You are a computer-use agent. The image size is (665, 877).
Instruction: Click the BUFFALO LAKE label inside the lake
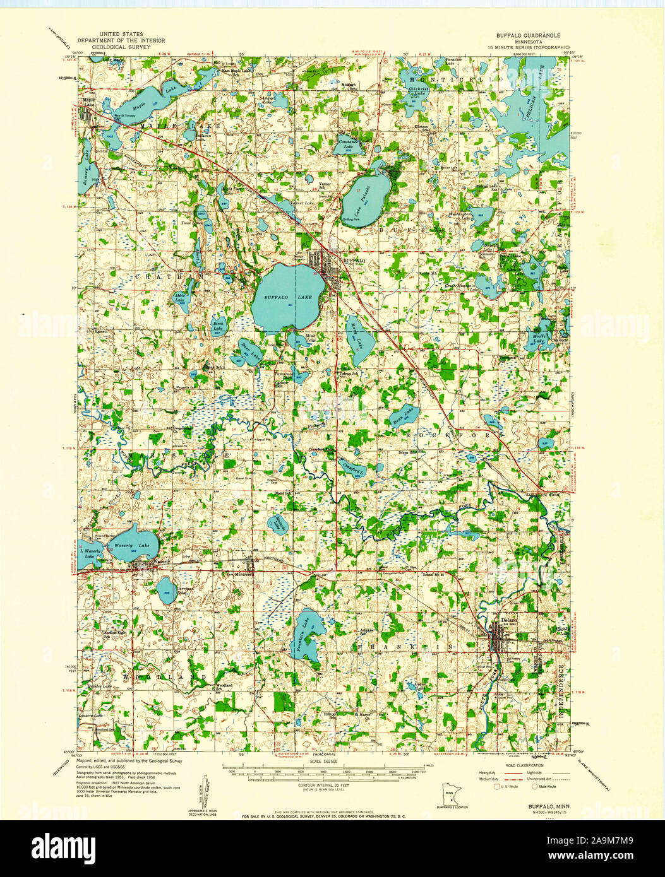coord(279,297)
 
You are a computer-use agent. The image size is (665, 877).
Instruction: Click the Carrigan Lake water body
coord(166,591)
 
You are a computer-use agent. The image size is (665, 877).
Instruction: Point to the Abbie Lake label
coord(181,299)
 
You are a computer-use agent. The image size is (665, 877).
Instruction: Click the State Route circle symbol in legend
coord(534,787)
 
